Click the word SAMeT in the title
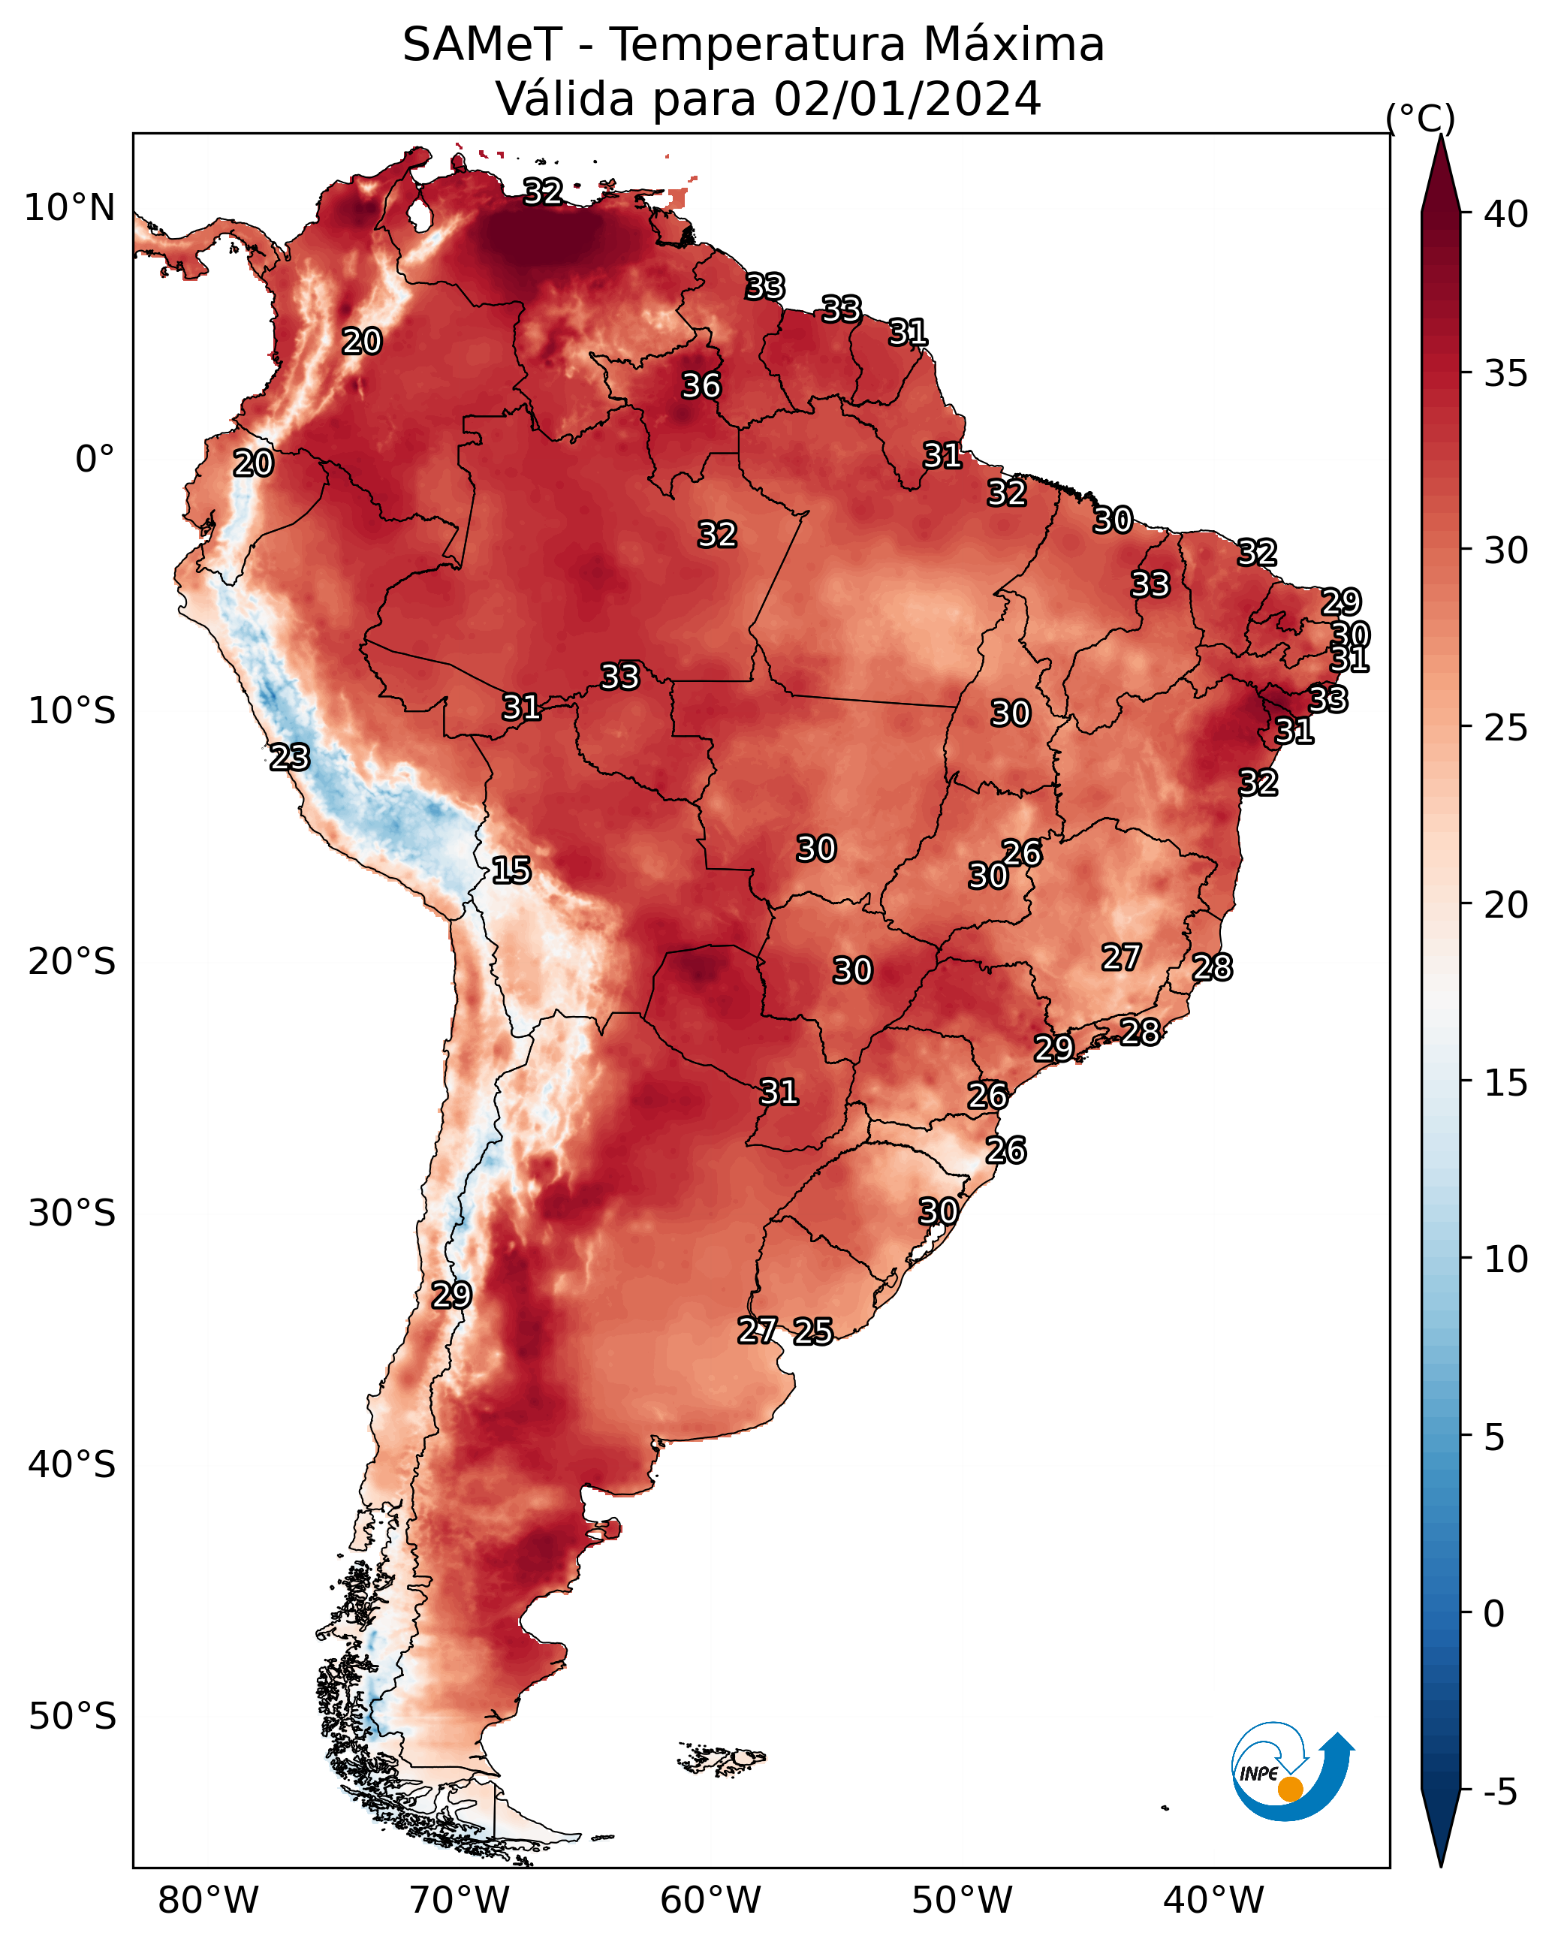click(482, 44)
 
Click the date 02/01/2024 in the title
click(907, 98)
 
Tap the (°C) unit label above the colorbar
click(1420, 118)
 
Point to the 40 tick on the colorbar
click(1506, 214)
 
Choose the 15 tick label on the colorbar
click(1506, 1083)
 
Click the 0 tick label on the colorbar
click(1494, 1614)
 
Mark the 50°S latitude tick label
click(72, 1717)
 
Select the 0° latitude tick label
click(95, 460)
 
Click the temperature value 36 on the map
click(701, 385)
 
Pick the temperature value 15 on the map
click(511, 870)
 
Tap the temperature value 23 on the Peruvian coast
click(289, 758)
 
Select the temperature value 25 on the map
click(812, 1331)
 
